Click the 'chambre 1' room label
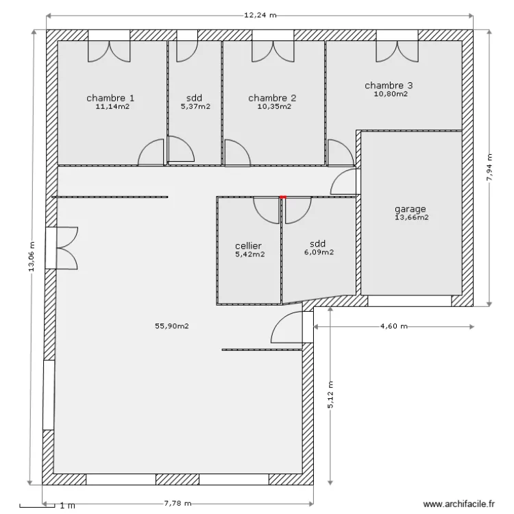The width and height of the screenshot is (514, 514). click(x=110, y=97)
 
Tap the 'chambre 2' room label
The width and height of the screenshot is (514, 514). click(x=272, y=97)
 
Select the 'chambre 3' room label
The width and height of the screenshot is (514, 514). click(x=389, y=86)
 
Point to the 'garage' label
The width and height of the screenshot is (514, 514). click(x=411, y=209)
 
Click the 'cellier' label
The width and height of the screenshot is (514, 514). click(x=248, y=245)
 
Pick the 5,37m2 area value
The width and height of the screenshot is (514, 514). click(x=195, y=107)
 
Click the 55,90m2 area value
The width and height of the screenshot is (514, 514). click(x=171, y=326)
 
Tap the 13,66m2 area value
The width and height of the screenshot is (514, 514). click(x=411, y=218)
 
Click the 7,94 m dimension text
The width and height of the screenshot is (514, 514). click(x=489, y=167)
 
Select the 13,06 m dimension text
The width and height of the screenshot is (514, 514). click(x=31, y=257)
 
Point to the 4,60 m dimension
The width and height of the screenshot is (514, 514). click(x=393, y=327)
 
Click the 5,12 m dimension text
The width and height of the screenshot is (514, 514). click(x=330, y=395)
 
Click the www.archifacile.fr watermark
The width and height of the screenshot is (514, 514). click(x=458, y=504)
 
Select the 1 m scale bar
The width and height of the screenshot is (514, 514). click(x=38, y=506)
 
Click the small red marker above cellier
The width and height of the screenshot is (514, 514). click(x=282, y=197)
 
